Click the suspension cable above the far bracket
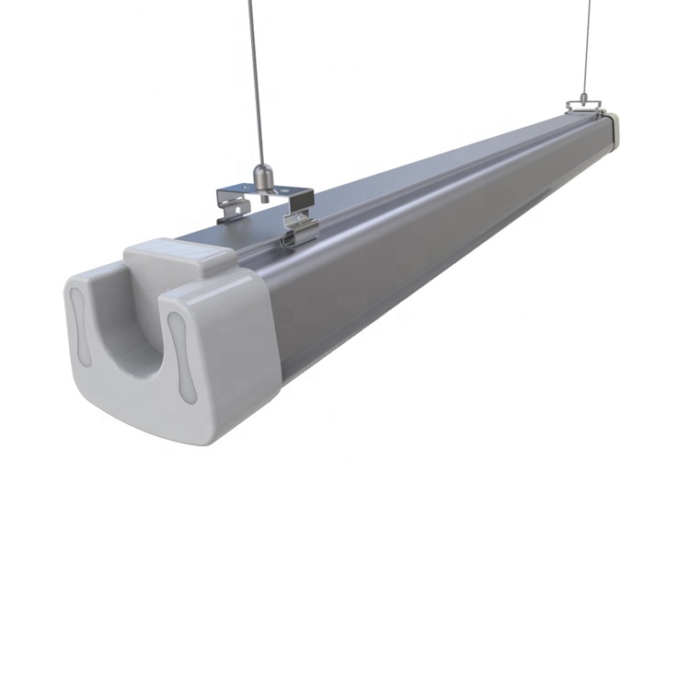pos(586,46)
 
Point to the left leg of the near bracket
pos(231,208)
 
